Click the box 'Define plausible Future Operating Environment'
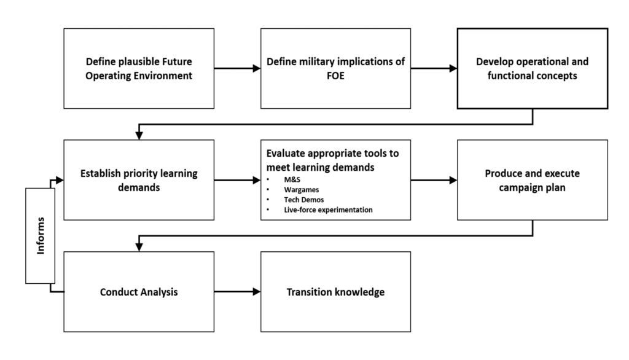(x=139, y=68)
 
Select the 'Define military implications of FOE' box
(x=335, y=68)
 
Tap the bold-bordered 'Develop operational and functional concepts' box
(x=532, y=68)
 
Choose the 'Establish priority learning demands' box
(x=139, y=179)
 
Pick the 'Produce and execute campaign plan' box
(x=532, y=179)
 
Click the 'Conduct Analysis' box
(x=139, y=292)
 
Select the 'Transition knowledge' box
(x=335, y=292)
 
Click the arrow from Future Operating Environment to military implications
(x=237, y=69)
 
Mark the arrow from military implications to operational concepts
(x=434, y=69)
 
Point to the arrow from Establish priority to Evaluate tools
(x=237, y=180)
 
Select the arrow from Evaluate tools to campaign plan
(x=434, y=180)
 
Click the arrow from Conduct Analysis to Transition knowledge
(x=237, y=292)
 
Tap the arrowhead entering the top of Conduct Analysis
(x=139, y=247)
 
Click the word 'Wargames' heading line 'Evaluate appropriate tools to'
(x=335, y=154)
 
